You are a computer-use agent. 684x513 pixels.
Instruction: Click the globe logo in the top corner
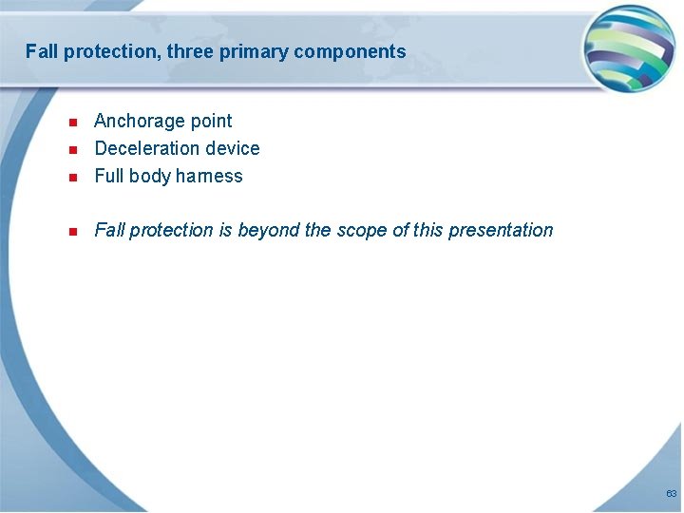coord(629,48)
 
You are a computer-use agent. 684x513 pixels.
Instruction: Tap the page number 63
coord(671,494)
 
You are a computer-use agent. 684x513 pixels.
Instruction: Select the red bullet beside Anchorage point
coord(72,122)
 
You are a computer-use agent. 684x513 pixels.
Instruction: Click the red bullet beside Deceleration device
coord(72,149)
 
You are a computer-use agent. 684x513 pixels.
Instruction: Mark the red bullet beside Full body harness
coord(72,177)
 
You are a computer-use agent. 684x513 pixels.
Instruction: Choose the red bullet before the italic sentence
coord(72,231)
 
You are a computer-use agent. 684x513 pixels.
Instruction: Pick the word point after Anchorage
coord(211,121)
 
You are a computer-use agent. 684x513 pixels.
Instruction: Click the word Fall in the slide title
coord(42,51)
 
